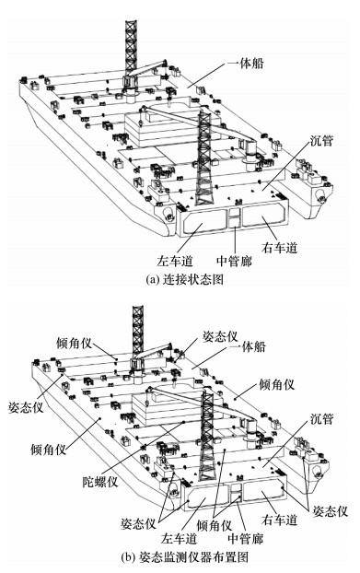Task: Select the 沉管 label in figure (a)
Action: click(321, 140)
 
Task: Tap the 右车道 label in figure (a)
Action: click(279, 248)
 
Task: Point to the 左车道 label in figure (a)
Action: click(175, 261)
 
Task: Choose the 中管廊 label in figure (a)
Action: click(234, 261)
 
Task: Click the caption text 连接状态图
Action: click(192, 279)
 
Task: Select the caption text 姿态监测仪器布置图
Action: click(194, 557)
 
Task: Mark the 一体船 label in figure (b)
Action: click(249, 346)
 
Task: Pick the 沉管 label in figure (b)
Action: click(321, 419)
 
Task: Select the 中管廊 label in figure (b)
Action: click(245, 538)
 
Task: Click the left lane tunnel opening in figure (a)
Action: click(204, 223)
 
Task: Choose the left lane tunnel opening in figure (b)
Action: click(207, 498)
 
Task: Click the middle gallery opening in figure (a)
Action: click(235, 218)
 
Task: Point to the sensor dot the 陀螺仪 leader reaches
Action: click(183, 422)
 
